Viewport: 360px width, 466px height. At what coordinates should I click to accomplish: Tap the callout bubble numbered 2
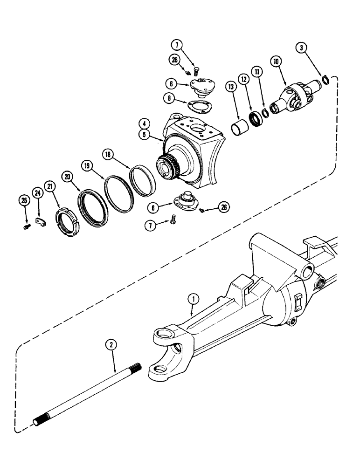[111, 345]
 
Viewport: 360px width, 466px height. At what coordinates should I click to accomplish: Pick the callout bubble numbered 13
[230, 86]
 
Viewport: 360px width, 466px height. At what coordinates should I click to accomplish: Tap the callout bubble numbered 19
[86, 165]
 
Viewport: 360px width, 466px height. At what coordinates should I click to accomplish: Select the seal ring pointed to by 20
[92, 205]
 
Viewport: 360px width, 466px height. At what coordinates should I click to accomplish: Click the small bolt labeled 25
[27, 226]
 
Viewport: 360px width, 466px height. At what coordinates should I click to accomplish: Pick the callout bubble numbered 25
[23, 201]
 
